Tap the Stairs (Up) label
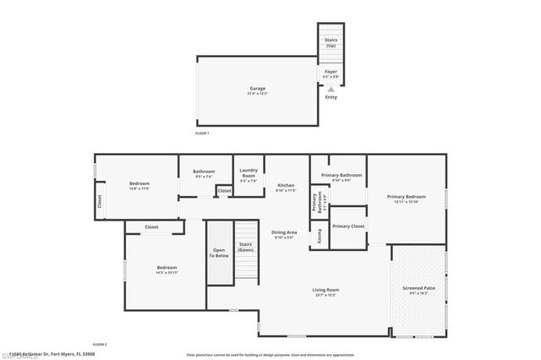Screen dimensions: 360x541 331,42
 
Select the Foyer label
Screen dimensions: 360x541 331,73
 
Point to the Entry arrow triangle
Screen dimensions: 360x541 331,86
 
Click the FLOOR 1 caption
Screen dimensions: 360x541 201,134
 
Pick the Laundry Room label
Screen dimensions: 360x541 248,172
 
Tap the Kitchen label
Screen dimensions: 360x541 287,186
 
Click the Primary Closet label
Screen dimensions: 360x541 347,226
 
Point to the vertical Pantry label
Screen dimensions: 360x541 319,238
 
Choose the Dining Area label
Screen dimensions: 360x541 284,233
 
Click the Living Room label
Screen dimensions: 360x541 325,291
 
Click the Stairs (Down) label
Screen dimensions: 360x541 245,247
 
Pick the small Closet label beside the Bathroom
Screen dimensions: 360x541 224,191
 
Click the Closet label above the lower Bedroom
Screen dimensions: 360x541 151,226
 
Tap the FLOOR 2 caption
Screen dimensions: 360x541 100,344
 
